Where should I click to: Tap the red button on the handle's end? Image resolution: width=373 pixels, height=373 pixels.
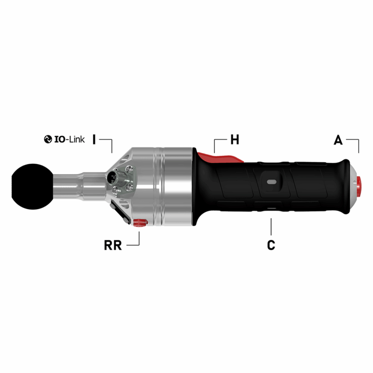[x=360, y=186]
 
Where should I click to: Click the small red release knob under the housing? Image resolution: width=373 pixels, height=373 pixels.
[x=138, y=222]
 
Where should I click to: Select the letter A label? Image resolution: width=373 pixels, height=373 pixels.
[x=338, y=139]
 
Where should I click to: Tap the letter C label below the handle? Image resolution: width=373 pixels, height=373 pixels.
[x=271, y=245]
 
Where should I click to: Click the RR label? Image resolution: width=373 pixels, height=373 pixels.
[x=113, y=245]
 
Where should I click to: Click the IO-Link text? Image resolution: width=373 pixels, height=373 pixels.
[x=69, y=139]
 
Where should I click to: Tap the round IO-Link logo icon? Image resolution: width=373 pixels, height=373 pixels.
[x=48, y=139]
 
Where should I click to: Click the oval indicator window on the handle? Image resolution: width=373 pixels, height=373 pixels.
[x=271, y=180]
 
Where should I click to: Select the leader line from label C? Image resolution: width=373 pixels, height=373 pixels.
[x=271, y=227]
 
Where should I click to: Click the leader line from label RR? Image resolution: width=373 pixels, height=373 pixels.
[x=138, y=239]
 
